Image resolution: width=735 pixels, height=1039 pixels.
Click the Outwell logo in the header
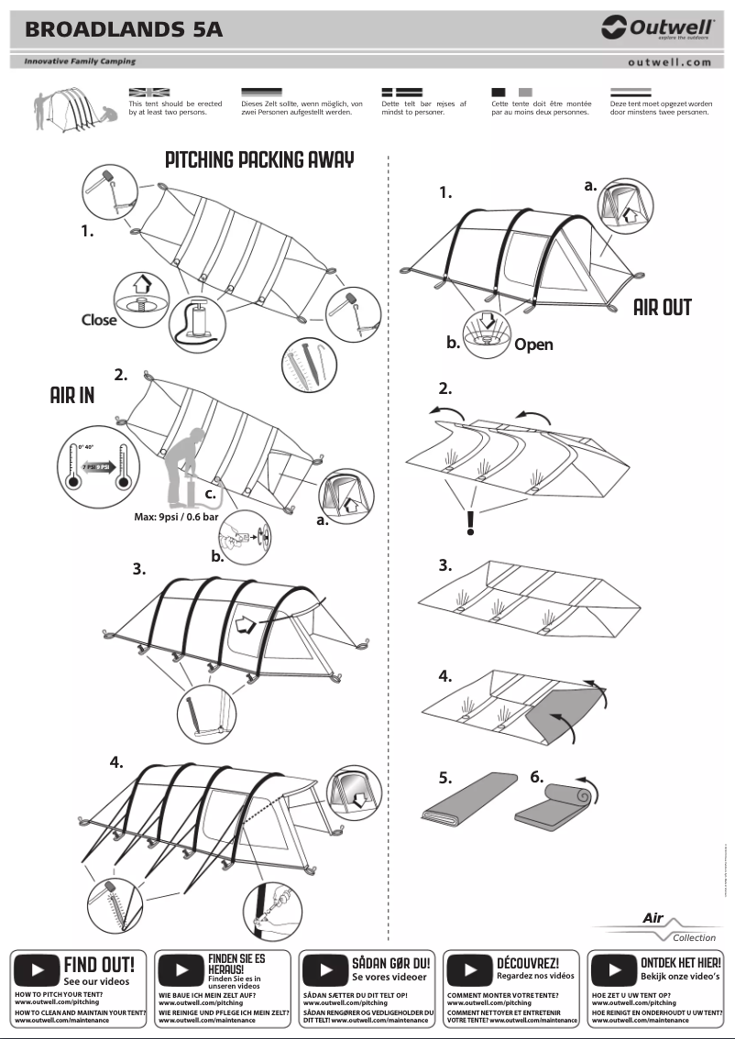click(657, 28)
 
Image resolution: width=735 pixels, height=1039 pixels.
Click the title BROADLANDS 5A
click(124, 29)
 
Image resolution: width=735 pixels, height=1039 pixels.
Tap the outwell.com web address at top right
click(669, 62)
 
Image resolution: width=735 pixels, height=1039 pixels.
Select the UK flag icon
click(148, 93)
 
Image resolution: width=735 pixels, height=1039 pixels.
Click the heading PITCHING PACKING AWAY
click(259, 159)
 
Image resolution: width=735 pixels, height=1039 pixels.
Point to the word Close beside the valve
click(99, 320)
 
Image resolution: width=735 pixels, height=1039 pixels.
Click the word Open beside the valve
click(533, 345)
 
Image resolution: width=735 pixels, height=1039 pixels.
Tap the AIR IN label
click(72, 395)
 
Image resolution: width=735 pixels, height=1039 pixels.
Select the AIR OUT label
click(663, 307)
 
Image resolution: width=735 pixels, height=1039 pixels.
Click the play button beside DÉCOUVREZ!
click(470, 969)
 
